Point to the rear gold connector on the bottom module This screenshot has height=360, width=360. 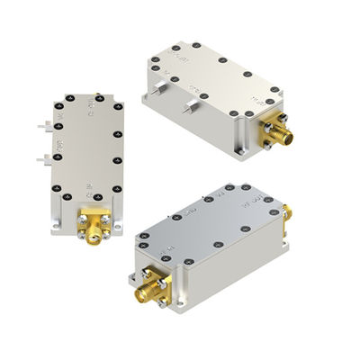(286, 213)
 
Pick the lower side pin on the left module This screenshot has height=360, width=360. (41, 159)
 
